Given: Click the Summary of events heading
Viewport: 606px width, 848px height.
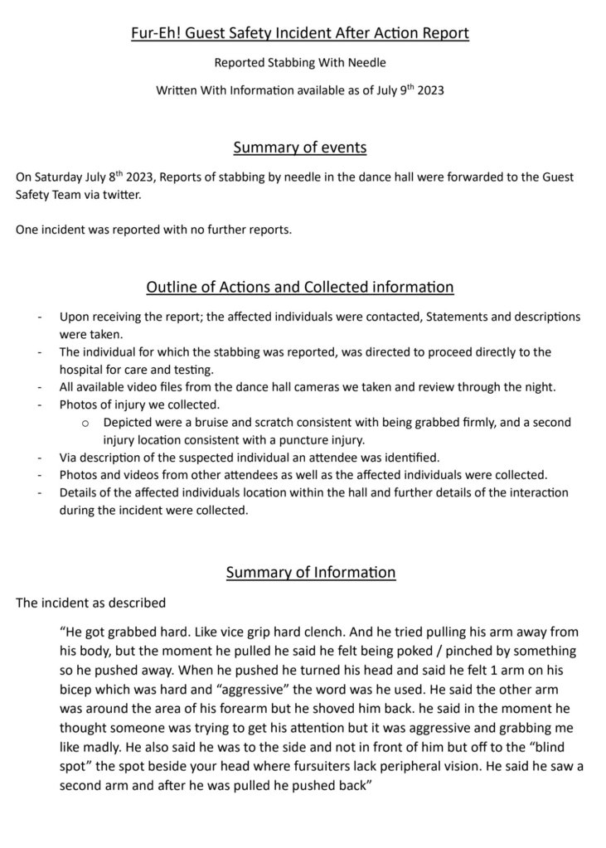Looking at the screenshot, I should (300, 148).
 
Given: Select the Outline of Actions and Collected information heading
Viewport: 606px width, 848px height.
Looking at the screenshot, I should (300, 288).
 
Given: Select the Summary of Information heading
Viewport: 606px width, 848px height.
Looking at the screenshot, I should (311, 572).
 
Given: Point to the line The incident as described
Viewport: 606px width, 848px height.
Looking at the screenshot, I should (90, 603).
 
